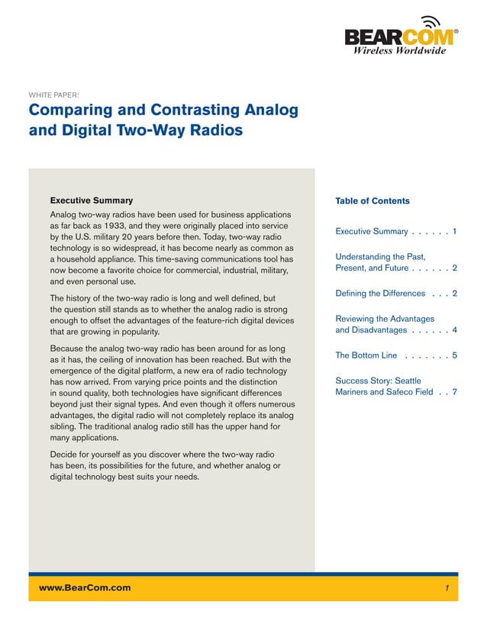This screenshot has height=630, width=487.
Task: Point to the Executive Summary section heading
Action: pos(91,201)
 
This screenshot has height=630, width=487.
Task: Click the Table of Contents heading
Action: pos(373,201)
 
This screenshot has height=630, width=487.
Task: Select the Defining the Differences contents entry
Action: pos(380,294)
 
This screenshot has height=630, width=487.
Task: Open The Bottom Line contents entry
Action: pos(366,355)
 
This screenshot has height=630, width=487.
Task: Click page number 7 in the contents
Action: pos(454,392)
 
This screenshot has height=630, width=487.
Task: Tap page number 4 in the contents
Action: pos(454,330)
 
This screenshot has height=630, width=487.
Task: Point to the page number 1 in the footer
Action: pos(447,588)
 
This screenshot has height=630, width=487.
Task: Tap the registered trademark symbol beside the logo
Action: pos(456,31)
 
